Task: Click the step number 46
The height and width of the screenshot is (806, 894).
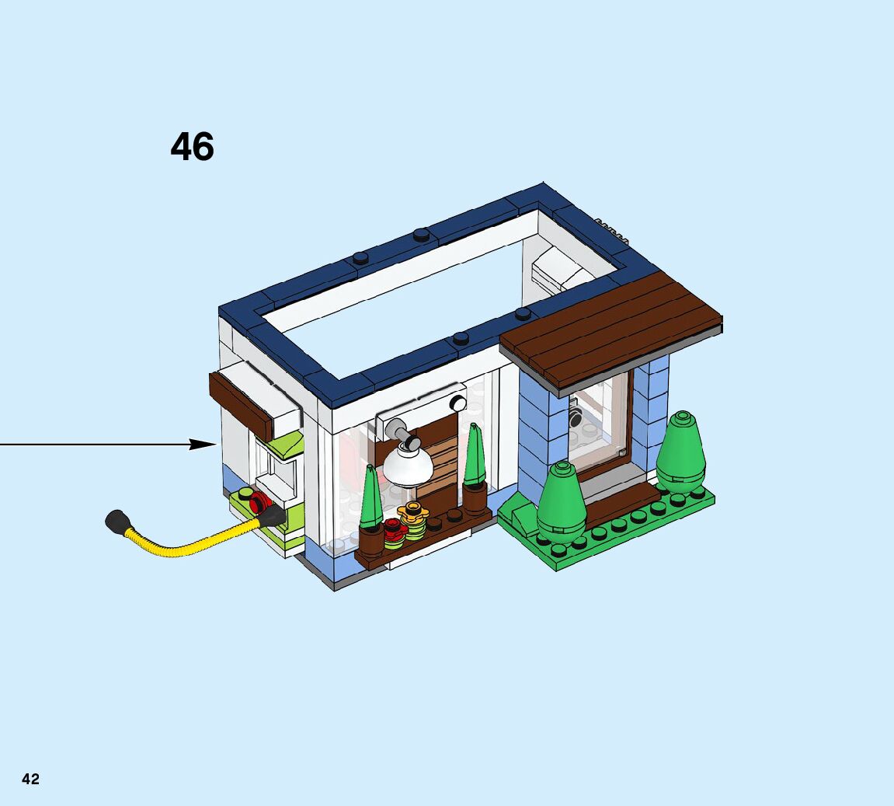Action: [x=192, y=147]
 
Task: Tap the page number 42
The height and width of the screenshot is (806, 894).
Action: [x=30, y=779]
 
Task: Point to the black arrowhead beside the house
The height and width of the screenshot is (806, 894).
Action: [x=203, y=444]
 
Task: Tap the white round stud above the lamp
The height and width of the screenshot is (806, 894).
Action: [x=457, y=404]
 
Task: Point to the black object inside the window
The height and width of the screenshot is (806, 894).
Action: [x=576, y=417]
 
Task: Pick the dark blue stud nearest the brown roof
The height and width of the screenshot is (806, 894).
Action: [x=524, y=314]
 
